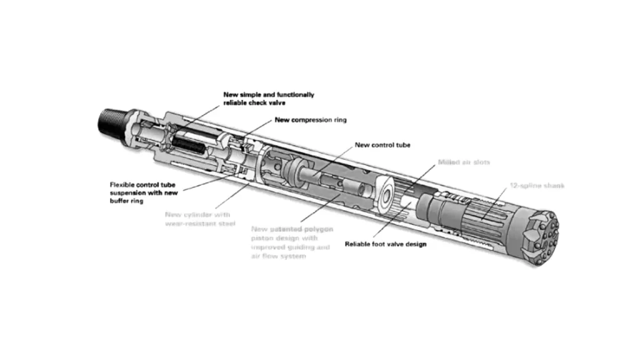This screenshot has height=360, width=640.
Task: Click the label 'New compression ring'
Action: [311, 120]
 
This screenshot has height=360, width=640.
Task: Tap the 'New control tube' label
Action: [382, 145]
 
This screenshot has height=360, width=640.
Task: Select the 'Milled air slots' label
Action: [463, 162]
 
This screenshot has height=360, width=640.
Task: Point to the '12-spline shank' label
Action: [536, 186]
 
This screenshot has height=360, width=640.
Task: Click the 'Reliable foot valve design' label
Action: [386, 244]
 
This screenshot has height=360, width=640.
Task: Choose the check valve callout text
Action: [269, 99]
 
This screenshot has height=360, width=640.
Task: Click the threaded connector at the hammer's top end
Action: [111, 118]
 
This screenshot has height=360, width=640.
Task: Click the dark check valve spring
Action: [188, 143]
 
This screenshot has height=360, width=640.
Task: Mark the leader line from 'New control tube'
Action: [337, 159]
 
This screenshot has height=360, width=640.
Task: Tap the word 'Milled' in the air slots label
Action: [448, 162]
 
